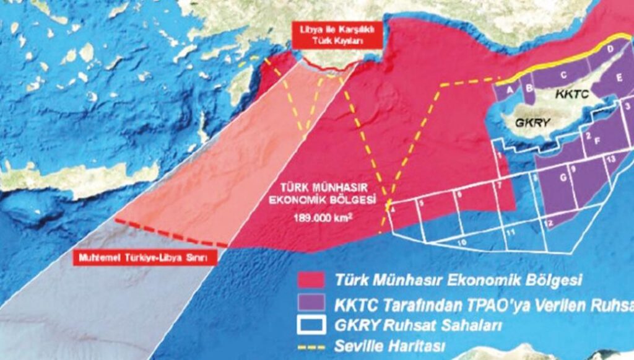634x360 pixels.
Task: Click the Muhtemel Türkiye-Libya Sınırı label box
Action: click(x=144, y=258)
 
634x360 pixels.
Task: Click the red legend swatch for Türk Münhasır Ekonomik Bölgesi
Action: click(x=311, y=279)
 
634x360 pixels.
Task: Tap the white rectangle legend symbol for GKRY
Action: click(x=311, y=323)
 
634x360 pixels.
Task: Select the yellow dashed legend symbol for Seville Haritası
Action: click(x=311, y=345)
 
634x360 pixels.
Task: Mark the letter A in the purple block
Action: click(x=510, y=89)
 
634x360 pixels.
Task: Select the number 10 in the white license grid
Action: click(x=461, y=243)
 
